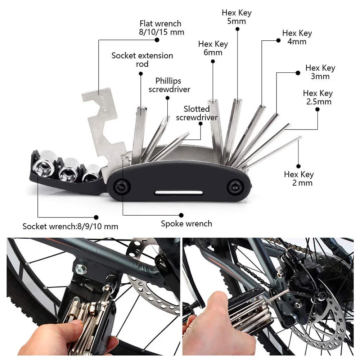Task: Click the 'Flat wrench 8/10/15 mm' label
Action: coord(162,28)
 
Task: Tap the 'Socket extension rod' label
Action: coord(142,60)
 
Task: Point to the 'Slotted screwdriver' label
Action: coord(197,113)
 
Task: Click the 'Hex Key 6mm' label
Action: coord(213,48)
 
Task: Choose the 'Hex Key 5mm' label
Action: coord(237,17)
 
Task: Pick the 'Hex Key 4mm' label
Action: coord(297,37)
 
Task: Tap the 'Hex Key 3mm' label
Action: coord(320,72)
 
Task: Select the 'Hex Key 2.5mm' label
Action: coord(318,97)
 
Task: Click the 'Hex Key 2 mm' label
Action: coord(299,179)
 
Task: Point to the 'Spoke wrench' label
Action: coord(186,224)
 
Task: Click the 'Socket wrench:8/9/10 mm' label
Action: coord(70,226)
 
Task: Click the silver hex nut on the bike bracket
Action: coord(78,268)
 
